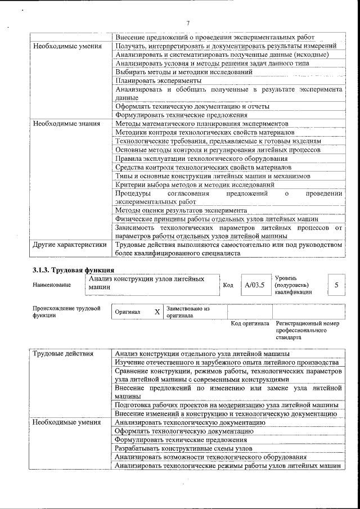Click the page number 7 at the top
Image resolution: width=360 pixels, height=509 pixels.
tap(188, 23)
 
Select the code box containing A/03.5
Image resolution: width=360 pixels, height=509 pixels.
tap(254, 285)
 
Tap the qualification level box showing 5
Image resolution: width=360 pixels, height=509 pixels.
tap(336, 285)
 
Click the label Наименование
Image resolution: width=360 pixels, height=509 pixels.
tap(52, 285)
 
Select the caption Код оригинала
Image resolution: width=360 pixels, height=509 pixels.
tap(251, 324)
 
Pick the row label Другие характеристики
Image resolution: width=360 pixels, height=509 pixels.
tap(69, 245)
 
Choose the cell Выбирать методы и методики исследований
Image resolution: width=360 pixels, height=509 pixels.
tap(183, 71)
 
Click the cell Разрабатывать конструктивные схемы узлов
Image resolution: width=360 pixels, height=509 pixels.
tap(183, 448)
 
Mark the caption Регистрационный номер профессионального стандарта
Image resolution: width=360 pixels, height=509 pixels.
tap(307, 331)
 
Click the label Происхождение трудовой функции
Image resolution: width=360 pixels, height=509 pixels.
tap(66, 312)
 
